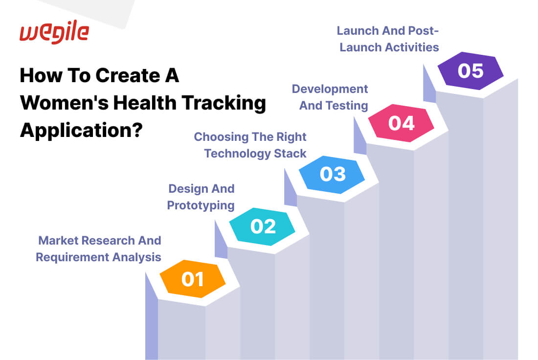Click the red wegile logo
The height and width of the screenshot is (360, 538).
(x=54, y=32)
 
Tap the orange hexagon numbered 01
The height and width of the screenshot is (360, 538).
(x=193, y=279)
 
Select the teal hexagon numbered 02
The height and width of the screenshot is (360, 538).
(x=262, y=226)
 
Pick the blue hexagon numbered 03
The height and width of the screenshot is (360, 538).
(x=332, y=174)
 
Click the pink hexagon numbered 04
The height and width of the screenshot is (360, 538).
(x=401, y=123)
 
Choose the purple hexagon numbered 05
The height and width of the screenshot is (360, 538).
(x=471, y=71)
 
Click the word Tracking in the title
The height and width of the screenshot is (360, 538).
(x=224, y=103)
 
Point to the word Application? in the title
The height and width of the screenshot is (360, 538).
(x=81, y=131)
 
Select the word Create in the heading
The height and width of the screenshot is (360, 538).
(x=128, y=75)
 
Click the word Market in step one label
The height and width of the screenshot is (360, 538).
(x=59, y=240)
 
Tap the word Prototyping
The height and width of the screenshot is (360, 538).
(x=201, y=205)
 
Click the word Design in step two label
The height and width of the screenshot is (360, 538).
(x=187, y=189)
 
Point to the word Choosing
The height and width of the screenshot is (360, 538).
(x=221, y=137)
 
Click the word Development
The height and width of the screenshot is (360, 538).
(x=330, y=89)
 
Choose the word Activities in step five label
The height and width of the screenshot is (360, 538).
(x=412, y=47)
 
